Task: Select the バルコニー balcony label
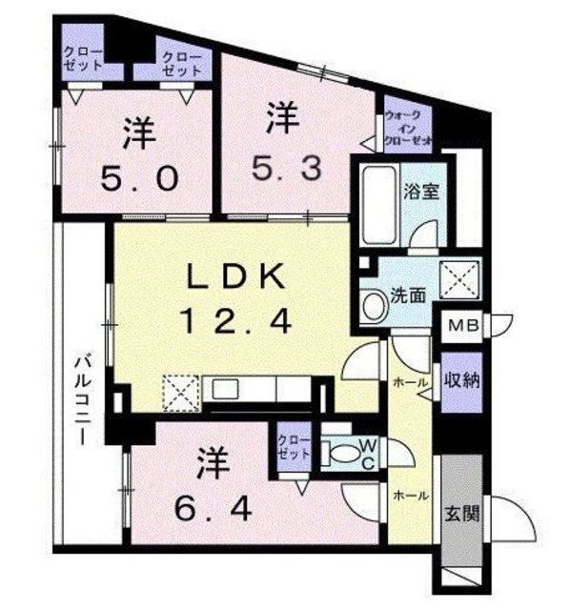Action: click(83, 400)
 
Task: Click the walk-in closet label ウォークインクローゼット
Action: click(408, 127)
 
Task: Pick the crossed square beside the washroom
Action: click(458, 279)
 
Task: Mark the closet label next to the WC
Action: click(294, 447)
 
